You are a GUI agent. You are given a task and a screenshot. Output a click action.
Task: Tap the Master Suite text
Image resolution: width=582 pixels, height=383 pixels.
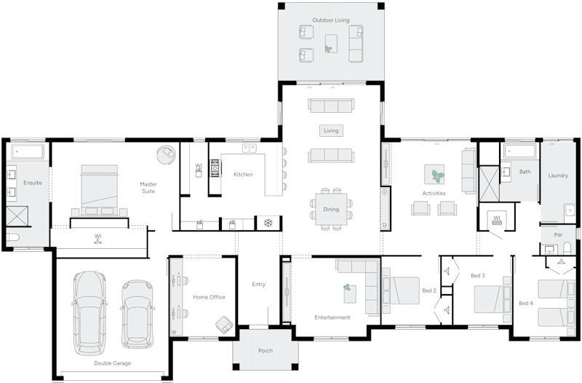pos(148,188)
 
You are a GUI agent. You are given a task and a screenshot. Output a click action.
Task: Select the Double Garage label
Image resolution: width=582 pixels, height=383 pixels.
pos(112,363)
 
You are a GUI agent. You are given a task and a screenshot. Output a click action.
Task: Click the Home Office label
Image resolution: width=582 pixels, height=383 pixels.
pos(209,297)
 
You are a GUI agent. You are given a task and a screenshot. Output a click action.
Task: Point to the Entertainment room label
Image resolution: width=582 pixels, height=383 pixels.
pos(332,317)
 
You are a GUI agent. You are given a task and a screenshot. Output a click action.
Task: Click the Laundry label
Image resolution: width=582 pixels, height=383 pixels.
pos(558,175)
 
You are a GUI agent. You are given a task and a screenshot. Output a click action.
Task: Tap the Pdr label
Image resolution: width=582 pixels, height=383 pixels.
pos(557,235)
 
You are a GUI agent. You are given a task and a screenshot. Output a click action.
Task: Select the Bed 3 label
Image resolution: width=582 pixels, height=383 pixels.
pos(477,276)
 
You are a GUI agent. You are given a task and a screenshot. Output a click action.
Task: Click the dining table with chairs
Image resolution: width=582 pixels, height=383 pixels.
pos(331,209)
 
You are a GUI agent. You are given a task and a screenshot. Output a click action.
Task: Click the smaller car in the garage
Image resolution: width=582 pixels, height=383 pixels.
pos(136,314)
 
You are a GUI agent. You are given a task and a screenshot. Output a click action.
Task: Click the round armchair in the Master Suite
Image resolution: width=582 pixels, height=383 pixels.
pos(167,154)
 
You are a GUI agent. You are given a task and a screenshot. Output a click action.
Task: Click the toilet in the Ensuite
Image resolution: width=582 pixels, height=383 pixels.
pos(13,237)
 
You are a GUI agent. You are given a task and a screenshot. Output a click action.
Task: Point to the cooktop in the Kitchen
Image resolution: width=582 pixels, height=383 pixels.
pos(215,169)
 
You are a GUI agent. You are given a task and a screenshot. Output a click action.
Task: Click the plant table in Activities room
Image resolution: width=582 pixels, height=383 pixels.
pos(435,175)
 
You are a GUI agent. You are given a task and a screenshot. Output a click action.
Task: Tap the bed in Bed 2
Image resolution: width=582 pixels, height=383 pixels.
pos(401,290)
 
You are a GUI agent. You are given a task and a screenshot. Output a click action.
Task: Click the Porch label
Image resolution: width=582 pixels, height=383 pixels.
pos(266,351)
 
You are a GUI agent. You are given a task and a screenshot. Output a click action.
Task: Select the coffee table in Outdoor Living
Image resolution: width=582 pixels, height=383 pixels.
pos(331,43)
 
